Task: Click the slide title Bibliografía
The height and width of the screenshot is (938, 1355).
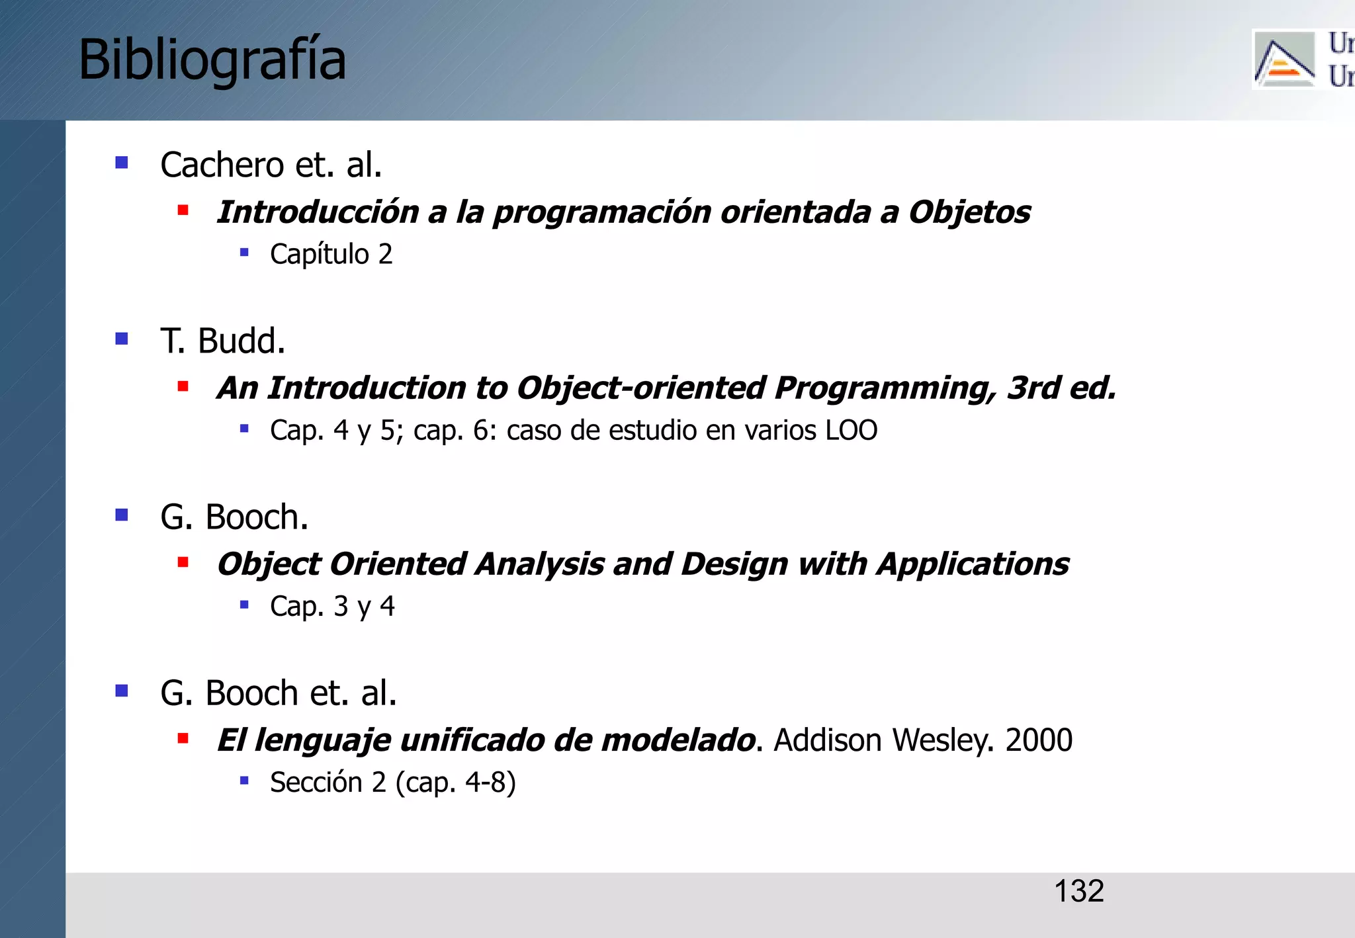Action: [212, 60]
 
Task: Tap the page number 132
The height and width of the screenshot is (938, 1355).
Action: [1078, 891]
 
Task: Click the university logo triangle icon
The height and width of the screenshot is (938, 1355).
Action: [1284, 60]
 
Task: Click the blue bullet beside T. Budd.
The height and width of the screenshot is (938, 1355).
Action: [122, 339]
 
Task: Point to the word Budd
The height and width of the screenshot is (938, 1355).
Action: [241, 341]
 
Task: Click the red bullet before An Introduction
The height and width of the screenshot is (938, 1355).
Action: [183, 386]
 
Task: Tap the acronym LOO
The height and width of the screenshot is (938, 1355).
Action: [851, 431]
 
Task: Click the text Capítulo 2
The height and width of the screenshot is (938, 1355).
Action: [331, 255]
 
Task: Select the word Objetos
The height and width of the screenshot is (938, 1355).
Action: [969, 212]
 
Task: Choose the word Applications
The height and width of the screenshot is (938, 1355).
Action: [973, 565]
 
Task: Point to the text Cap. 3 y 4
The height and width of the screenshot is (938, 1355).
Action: [332, 607]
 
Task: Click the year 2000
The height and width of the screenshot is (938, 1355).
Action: [1039, 740]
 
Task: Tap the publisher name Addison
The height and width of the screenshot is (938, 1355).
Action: [828, 740]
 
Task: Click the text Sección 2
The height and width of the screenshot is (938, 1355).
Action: [328, 783]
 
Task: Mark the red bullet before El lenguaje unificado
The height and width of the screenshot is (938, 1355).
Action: [183, 739]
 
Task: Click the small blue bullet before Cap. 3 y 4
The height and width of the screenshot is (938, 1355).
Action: [244, 605]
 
